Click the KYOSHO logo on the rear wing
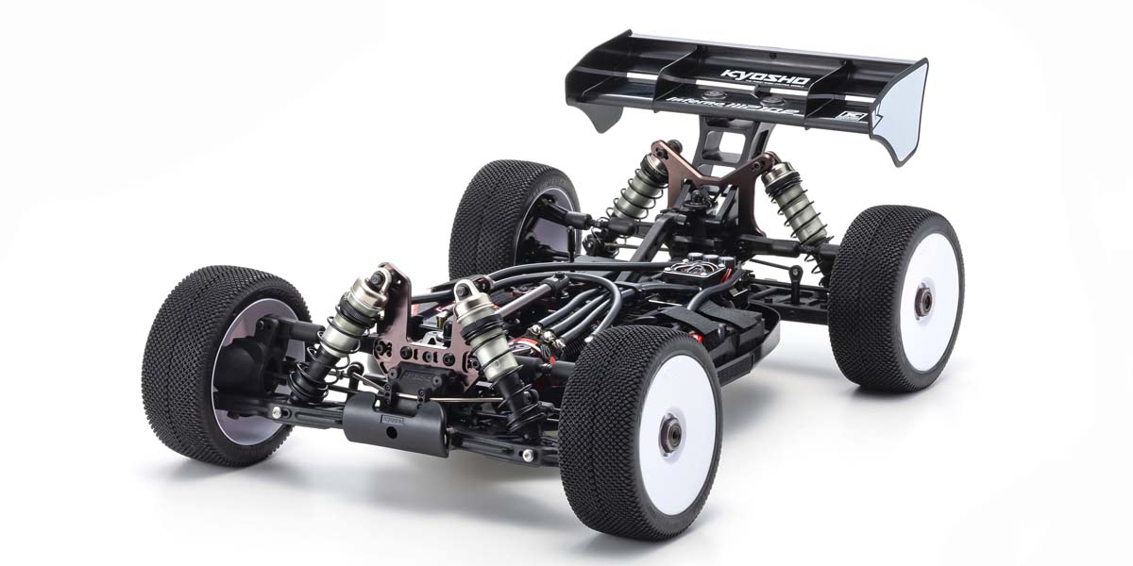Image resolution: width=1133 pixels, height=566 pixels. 765,76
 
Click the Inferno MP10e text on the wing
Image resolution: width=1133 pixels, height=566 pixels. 746,105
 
